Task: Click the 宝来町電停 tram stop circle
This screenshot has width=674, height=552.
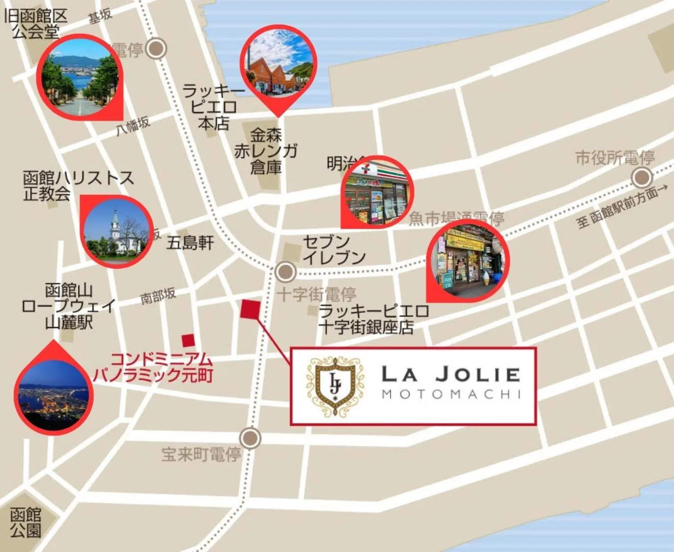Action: click(x=250, y=438)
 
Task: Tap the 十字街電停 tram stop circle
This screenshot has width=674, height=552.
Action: click(x=285, y=271)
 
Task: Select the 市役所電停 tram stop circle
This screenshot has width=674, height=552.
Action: click(x=641, y=178)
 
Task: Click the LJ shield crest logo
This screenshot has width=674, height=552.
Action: click(x=335, y=385)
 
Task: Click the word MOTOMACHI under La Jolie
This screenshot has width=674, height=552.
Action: click(x=451, y=395)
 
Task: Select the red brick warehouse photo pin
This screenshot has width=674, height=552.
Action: click(x=278, y=64)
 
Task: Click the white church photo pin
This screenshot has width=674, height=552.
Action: click(x=117, y=231)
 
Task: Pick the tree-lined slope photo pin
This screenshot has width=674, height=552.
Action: click(x=81, y=77)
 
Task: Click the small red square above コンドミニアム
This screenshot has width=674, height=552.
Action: click(x=189, y=340)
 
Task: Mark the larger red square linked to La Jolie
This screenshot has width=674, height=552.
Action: click(x=250, y=309)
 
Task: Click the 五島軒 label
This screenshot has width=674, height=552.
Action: click(x=190, y=243)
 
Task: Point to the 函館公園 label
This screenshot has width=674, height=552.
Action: click(x=26, y=522)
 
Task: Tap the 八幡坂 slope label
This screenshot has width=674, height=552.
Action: click(x=133, y=125)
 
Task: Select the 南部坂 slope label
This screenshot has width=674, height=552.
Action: click(x=158, y=295)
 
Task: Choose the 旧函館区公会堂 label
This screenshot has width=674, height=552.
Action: click(x=36, y=24)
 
